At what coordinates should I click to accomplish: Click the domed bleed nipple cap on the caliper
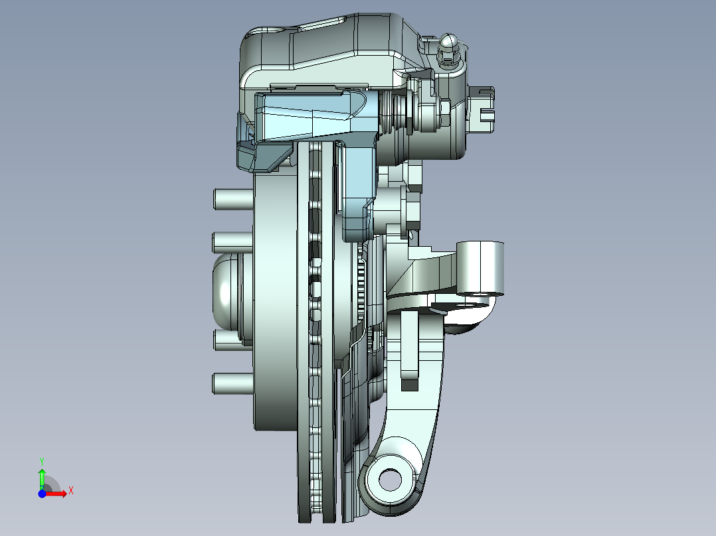pos(448,44)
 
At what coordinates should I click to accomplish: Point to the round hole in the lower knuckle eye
pos(389,478)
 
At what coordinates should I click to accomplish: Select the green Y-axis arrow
pos(42,477)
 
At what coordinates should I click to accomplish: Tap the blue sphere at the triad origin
pos(42,494)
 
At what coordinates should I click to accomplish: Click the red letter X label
pos(70,491)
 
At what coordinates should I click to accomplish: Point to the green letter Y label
pos(41,460)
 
